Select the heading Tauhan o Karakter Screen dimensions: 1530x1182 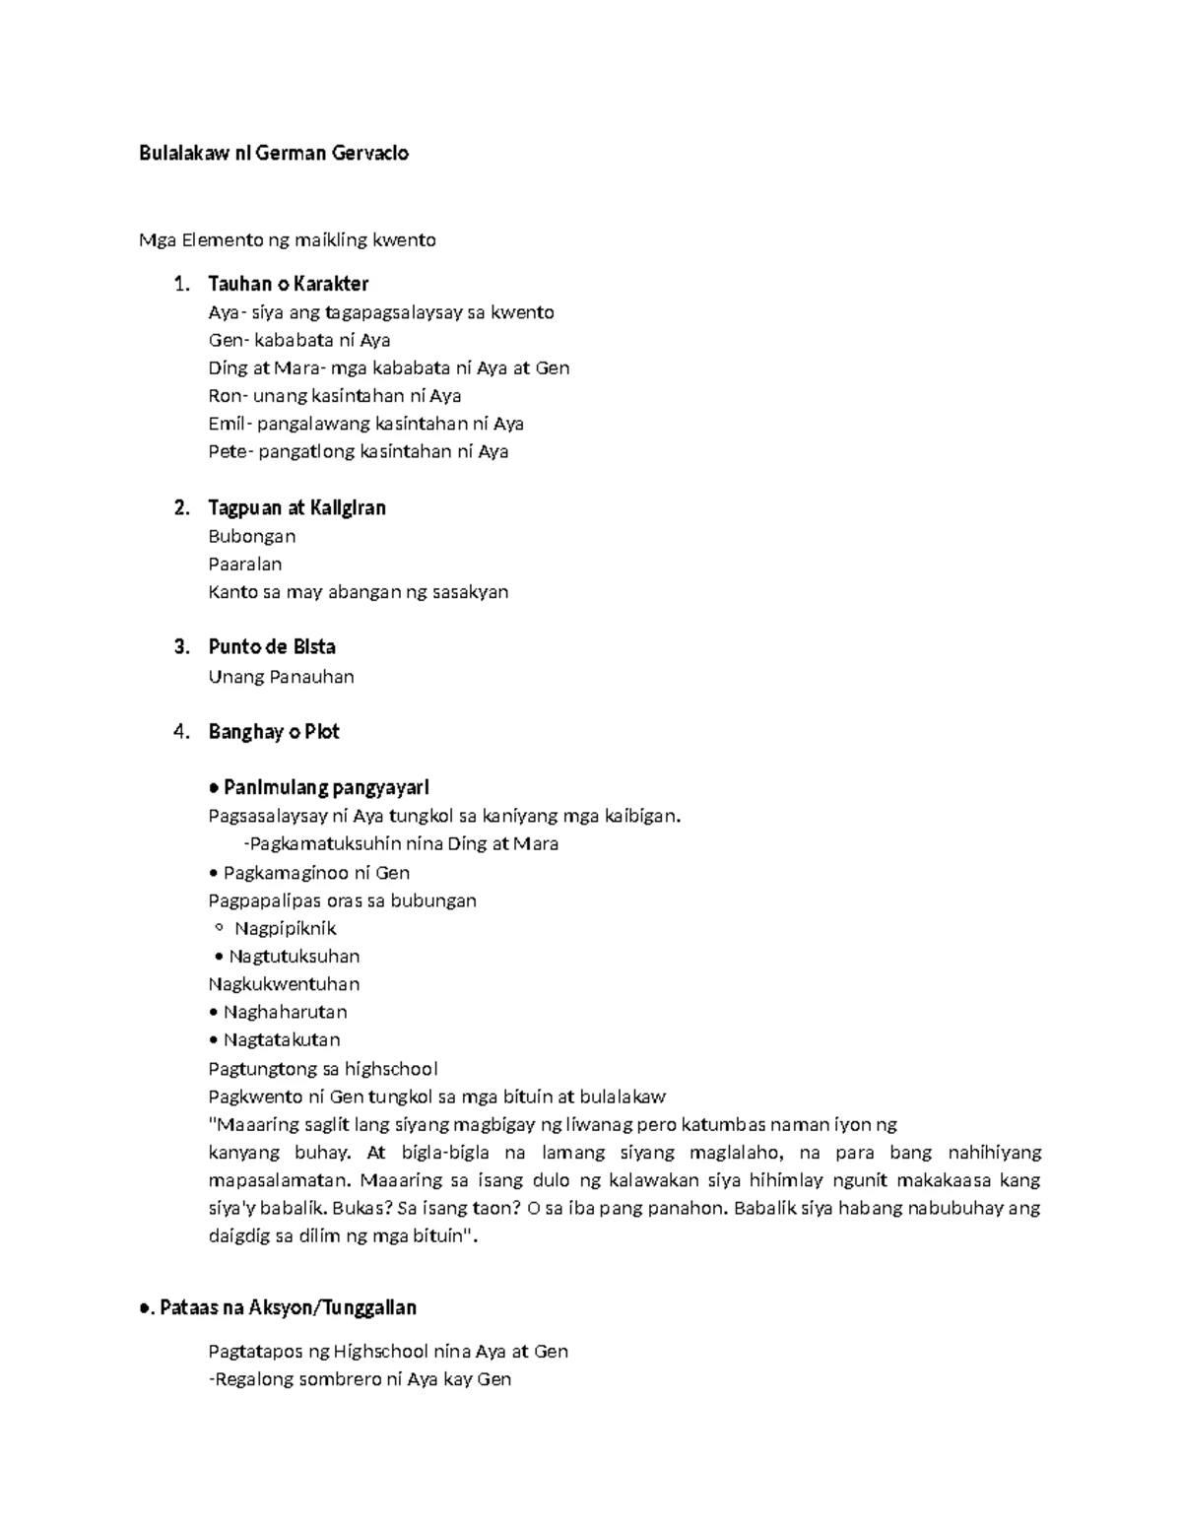pos(288,284)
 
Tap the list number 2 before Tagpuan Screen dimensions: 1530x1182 pos(180,508)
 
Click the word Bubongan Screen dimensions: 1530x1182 pos(251,537)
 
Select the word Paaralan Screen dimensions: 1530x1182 pos(244,565)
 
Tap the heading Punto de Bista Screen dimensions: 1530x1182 pos(271,647)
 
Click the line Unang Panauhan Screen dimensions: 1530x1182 pos(281,677)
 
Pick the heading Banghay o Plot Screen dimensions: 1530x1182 pos(273,732)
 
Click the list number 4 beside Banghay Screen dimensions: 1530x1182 pos(180,732)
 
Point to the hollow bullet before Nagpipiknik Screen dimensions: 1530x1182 pos(218,928)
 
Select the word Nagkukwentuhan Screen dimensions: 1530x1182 pos(284,984)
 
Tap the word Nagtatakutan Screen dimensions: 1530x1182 pos(282,1039)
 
